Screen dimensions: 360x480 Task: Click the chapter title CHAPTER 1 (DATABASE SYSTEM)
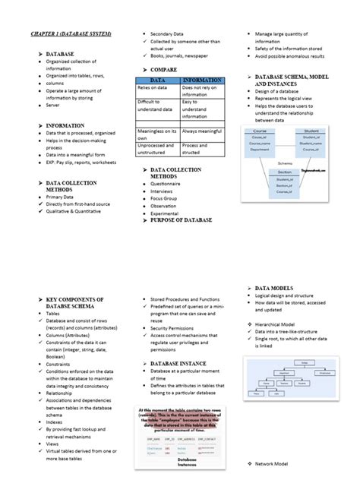point(71,34)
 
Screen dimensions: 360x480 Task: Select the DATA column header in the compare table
point(157,79)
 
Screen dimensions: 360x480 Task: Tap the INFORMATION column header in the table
point(202,79)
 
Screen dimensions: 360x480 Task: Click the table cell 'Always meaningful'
point(201,131)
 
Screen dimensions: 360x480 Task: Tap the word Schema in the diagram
point(284,163)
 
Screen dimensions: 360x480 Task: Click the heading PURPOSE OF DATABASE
point(181,220)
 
